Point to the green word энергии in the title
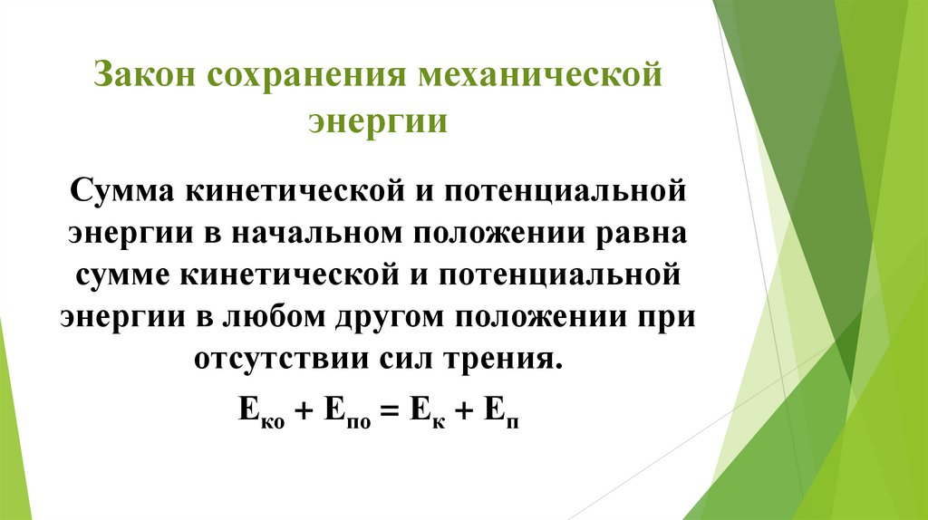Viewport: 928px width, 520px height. pos(379,121)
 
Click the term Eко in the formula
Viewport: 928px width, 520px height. pos(260,409)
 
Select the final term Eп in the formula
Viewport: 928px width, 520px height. pos(505,409)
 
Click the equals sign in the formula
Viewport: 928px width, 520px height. pos(390,409)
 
